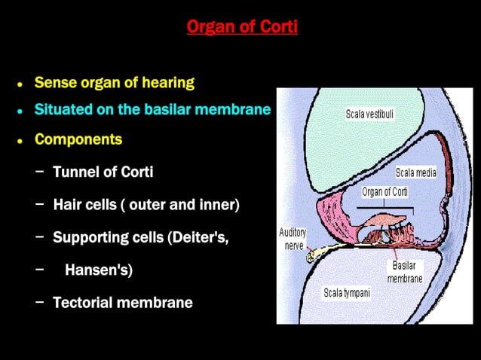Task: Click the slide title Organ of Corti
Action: [x=242, y=28]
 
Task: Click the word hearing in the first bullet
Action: [x=167, y=82]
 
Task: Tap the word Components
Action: [x=78, y=139]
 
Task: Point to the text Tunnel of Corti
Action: [x=103, y=172]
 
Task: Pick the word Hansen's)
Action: [x=99, y=270]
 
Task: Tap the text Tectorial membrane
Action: [x=122, y=303]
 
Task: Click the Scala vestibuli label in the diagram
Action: [x=369, y=114]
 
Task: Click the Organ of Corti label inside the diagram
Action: [x=385, y=192]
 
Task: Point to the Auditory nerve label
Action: [x=292, y=239]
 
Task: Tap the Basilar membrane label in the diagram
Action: [x=405, y=272]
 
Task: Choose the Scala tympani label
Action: [x=347, y=292]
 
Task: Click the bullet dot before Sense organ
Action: [x=20, y=84]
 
